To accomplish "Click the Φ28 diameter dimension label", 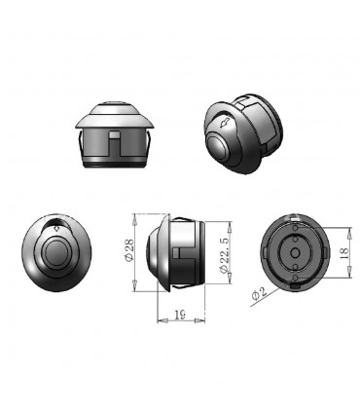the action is pos(128,250).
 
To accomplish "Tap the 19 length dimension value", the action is pos(180,315).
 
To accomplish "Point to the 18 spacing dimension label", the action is pos(344,252).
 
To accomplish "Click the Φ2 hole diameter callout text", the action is pos(259,293).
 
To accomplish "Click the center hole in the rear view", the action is pos(295,252).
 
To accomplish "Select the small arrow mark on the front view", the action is pos(56,228).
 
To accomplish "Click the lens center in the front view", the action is pos(56,252).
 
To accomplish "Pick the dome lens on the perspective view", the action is pos(219,147).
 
